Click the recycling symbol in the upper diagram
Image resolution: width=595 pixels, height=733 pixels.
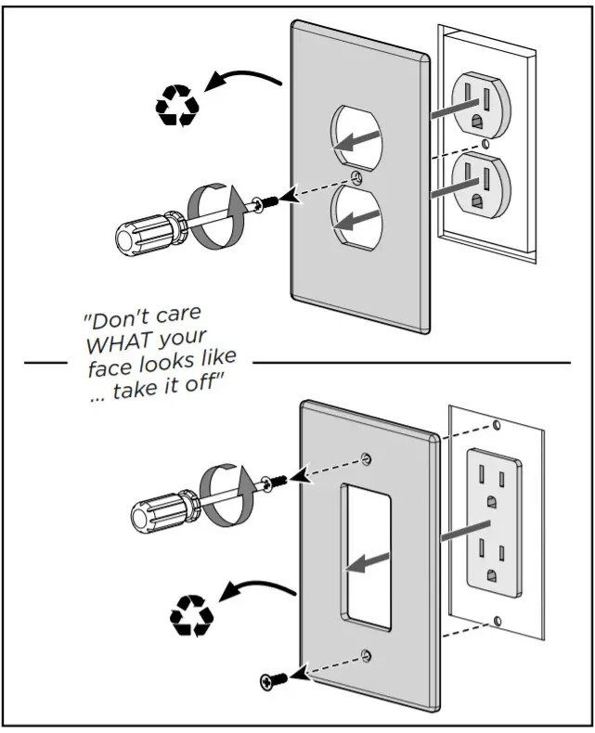[x=175, y=106]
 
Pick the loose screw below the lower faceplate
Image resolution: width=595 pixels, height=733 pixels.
[x=270, y=682]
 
